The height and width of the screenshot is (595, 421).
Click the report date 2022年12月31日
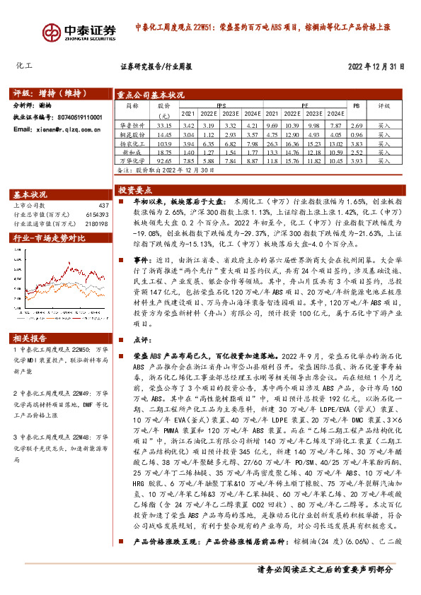[x=376, y=67]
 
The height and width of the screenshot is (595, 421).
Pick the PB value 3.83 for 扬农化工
[x=357, y=143]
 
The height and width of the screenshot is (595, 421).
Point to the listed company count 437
[x=104, y=205]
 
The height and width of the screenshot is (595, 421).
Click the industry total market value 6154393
[x=96, y=214]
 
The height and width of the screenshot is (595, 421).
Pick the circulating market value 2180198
[x=96, y=223]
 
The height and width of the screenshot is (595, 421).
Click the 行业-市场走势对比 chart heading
[x=50, y=238]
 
